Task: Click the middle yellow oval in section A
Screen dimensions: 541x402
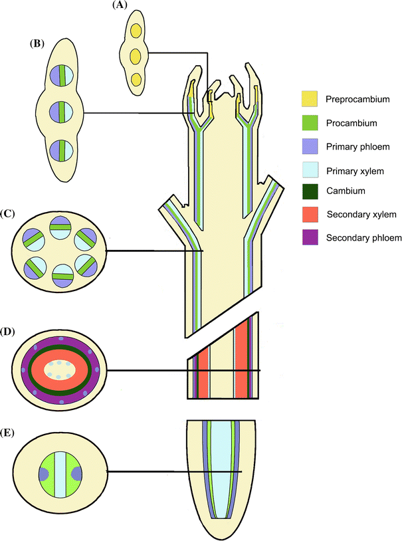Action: coord(136,54)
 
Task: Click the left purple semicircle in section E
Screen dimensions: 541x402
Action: coord(44,474)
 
